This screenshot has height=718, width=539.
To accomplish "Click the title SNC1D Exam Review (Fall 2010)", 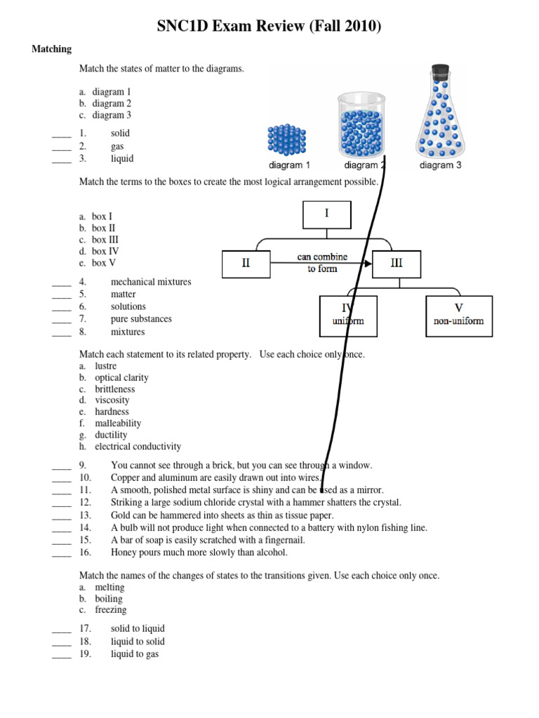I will pos(269,27).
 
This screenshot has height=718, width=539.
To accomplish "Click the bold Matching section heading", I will pos(52,49).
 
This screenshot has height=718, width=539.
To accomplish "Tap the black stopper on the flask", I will pos(440,72).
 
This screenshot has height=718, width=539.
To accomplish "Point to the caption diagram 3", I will pos(440,166).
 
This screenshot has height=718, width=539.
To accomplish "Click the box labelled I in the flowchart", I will pos(326,215).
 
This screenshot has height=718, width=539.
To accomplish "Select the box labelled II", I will pos(246,264).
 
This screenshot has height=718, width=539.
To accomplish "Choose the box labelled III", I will pos(397,264).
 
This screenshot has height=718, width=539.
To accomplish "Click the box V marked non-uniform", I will pos(459,316).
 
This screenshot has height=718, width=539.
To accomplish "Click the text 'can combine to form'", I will pos(321,263).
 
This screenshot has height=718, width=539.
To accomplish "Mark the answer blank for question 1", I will pos(62,134).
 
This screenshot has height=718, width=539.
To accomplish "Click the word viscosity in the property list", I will pos(112,400).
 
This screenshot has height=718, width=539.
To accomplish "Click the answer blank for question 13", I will pos(62,515).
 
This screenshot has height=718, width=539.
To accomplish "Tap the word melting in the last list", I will pos(109,588).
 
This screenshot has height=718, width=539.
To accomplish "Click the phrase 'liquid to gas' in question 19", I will pos(135,654).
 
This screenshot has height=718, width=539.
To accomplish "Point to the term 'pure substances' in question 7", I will pos(141,319).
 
